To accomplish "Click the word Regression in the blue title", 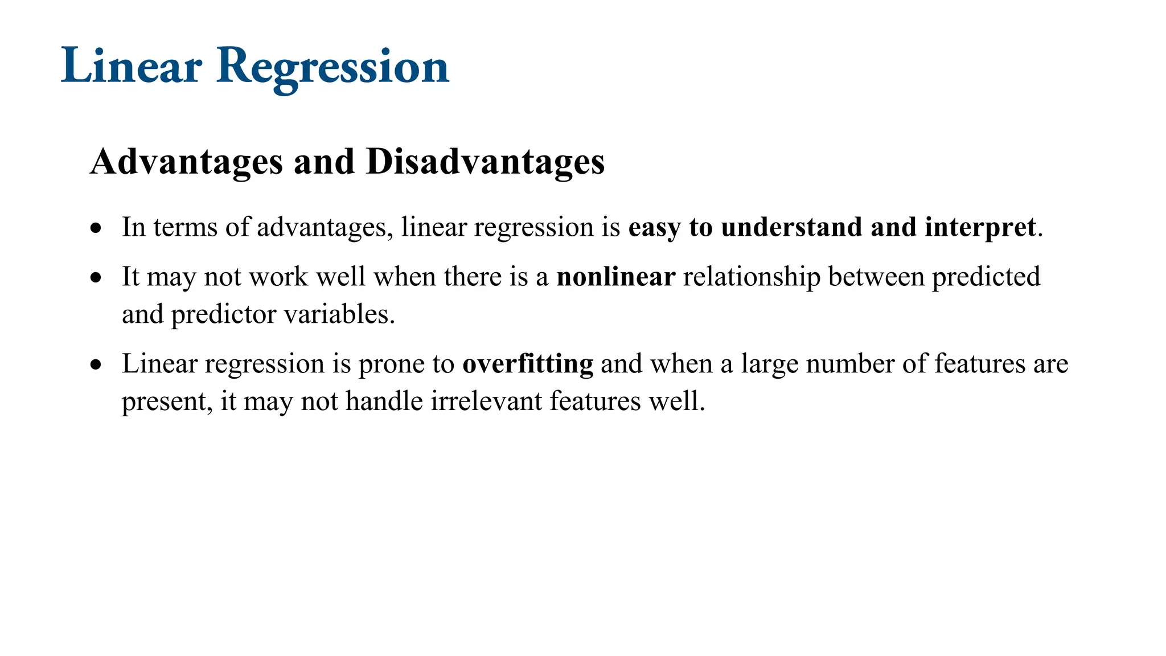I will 333,67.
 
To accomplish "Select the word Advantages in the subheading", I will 186,162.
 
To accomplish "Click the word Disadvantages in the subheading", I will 485,162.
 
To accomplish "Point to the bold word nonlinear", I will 615,277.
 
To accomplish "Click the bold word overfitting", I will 528,364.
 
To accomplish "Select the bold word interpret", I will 980,227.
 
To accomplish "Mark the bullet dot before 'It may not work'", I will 96,278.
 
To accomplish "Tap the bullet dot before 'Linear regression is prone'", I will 96,365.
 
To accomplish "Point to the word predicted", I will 986,277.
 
